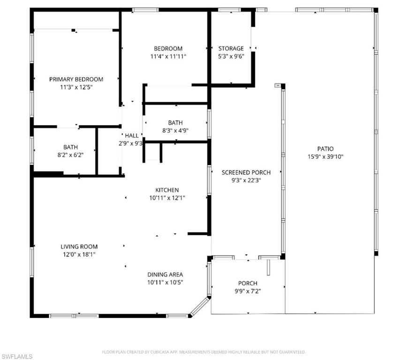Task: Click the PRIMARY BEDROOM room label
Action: (x=76, y=79)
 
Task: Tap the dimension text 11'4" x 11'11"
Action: (x=168, y=57)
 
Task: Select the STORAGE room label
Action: (x=231, y=48)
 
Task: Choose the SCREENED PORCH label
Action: (x=246, y=172)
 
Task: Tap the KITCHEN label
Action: (x=167, y=190)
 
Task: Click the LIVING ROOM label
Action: (x=79, y=247)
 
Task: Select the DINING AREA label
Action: (x=165, y=274)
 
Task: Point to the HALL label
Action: (x=131, y=135)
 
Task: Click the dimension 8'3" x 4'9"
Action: (x=175, y=131)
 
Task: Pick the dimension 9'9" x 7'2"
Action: (x=248, y=292)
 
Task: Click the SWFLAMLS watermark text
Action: (x=17, y=356)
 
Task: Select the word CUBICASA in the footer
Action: (x=165, y=352)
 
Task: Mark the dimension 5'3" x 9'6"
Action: (x=231, y=57)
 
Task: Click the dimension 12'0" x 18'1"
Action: (x=79, y=255)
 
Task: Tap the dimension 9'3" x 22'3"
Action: (x=246, y=181)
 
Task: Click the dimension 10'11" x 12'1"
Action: (x=167, y=198)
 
